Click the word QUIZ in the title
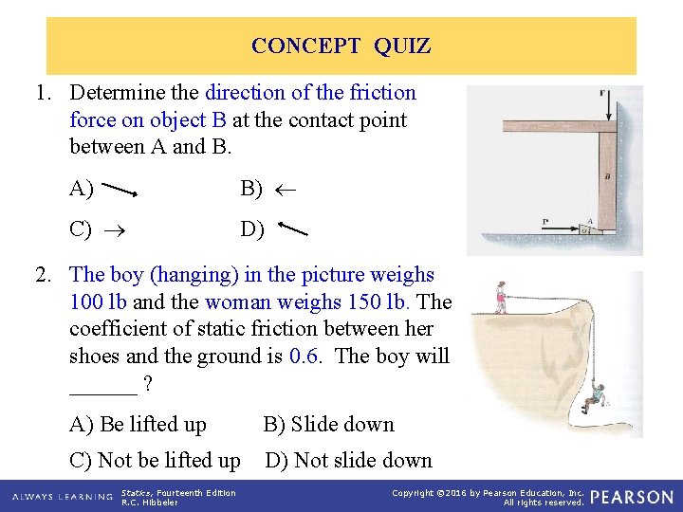pos(402,46)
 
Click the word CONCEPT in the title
pos(305,46)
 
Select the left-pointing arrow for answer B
pos(284,190)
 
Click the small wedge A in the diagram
pos(590,227)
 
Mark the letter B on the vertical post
pos(607,176)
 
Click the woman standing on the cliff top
pos(501,296)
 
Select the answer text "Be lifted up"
pos(153,424)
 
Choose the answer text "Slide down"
pos(342,424)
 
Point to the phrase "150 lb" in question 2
pos(380,302)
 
